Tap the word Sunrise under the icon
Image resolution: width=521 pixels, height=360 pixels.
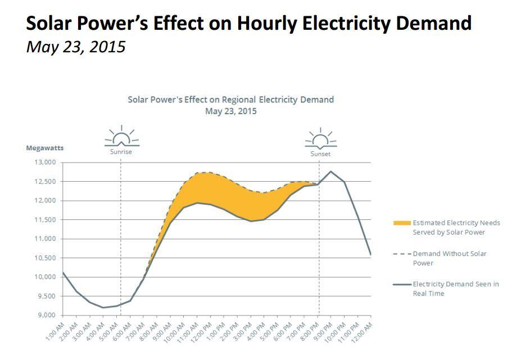point(121,152)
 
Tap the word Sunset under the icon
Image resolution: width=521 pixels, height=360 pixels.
point(320,154)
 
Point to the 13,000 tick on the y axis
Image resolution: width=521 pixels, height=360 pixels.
point(46,163)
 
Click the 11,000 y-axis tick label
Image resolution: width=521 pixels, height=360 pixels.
point(46,239)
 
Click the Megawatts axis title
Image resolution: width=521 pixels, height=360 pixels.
point(45,148)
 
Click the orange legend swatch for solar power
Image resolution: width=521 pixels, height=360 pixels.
point(402,223)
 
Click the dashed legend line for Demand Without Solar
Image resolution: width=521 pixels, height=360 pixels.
point(402,254)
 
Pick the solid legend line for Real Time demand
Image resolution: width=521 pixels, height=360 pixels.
point(402,285)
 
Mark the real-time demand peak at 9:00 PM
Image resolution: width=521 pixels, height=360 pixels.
point(330,171)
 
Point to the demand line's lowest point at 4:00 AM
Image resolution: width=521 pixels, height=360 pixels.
point(103,307)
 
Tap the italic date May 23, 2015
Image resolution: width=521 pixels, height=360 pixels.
point(76,47)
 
